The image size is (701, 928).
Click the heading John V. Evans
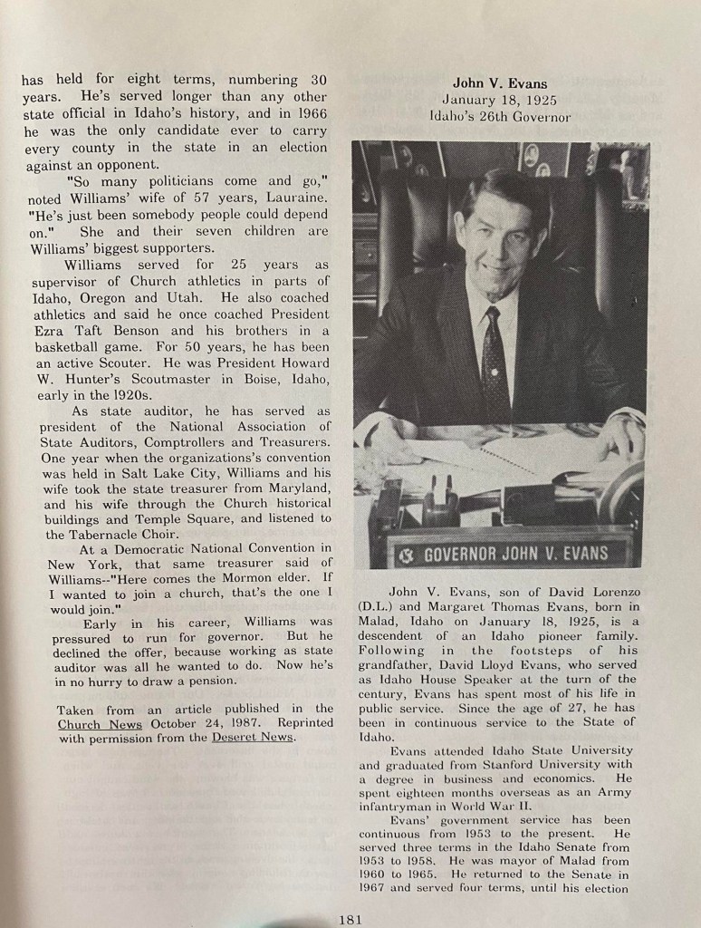499,83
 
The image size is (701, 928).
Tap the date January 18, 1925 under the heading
499,100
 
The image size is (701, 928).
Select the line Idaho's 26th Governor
500,116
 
